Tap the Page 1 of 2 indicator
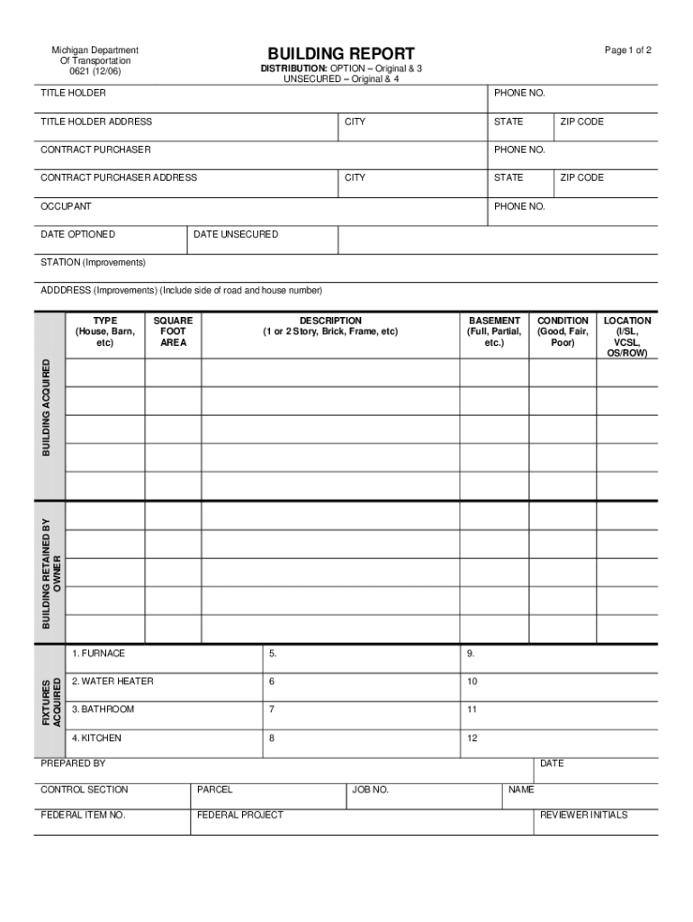627,50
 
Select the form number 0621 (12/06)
94,72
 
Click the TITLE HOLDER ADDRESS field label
96,122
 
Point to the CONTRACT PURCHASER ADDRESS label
119,177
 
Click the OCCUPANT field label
66,206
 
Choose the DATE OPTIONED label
77,234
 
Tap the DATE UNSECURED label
236,234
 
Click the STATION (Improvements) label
93,262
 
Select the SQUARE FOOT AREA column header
173,331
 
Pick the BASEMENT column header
494,331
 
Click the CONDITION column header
562,331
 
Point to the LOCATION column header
627,336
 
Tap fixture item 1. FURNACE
98,653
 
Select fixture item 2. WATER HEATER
112,681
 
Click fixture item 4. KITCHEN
96,737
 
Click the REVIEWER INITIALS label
583,815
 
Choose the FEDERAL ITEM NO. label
83,815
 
